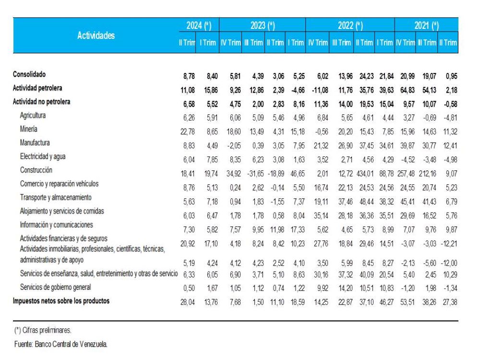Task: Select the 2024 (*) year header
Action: click(198, 25)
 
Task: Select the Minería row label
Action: click(29, 129)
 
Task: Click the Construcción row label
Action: click(36, 170)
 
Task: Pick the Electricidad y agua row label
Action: click(43, 156)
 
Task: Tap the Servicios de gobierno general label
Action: click(55, 287)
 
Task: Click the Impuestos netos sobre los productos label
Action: click(61, 301)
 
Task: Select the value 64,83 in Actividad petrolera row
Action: click(405, 89)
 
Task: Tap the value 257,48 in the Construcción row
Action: click(404, 170)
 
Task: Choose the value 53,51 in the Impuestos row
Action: click(405, 301)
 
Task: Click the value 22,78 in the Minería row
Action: click(188, 130)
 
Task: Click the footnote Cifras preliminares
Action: click(43, 330)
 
